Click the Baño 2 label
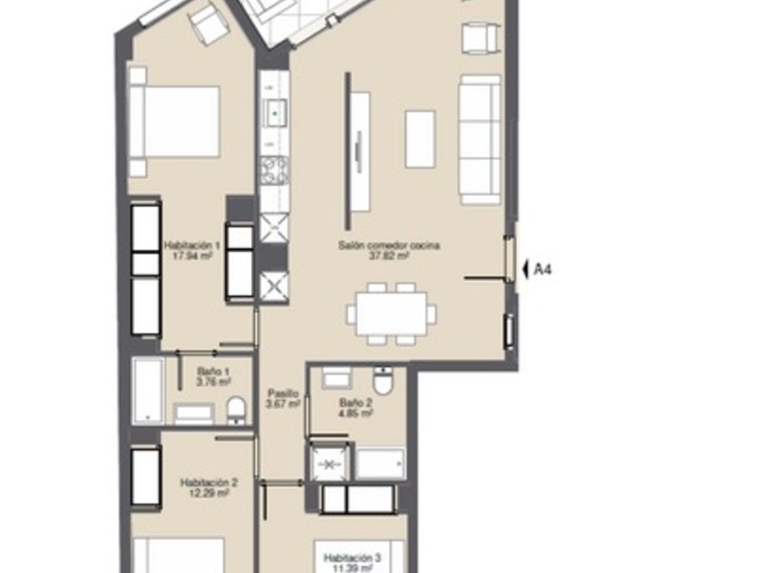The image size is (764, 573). click(x=355, y=409)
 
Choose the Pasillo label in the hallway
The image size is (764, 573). click(x=284, y=398)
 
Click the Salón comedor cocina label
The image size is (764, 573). click(x=374, y=250)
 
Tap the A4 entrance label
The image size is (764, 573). click(x=542, y=269)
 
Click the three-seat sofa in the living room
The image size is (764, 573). click(x=479, y=139)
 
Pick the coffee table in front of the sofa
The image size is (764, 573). click(x=420, y=139)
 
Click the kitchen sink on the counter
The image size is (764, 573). click(x=276, y=113)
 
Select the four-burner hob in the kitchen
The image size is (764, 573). click(x=275, y=173)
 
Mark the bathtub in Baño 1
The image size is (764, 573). click(x=148, y=391)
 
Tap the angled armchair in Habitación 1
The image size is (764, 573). click(x=208, y=25)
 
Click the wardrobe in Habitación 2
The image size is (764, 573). click(x=146, y=477)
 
